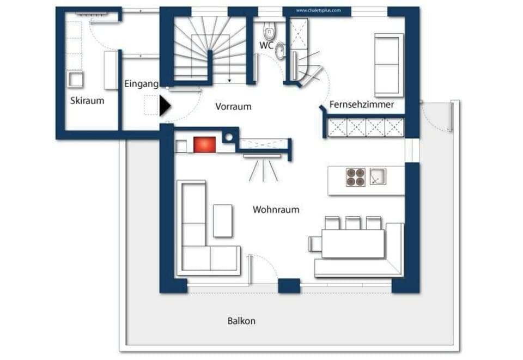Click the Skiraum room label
point(87,101)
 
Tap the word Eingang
point(141,84)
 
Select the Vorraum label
point(233,107)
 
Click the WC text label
point(266,46)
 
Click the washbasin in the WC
point(280,51)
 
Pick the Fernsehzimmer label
point(361,105)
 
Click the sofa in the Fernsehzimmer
point(389,64)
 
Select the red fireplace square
point(205,144)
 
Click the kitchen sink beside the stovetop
point(377,176)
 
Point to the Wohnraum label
point(276,209)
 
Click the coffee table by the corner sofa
point(223,221)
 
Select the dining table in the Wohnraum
point(353,243)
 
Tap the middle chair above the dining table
point(352,222)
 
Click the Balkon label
point(241,321)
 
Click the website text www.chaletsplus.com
point(318,10)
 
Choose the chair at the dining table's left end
point(315,243)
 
